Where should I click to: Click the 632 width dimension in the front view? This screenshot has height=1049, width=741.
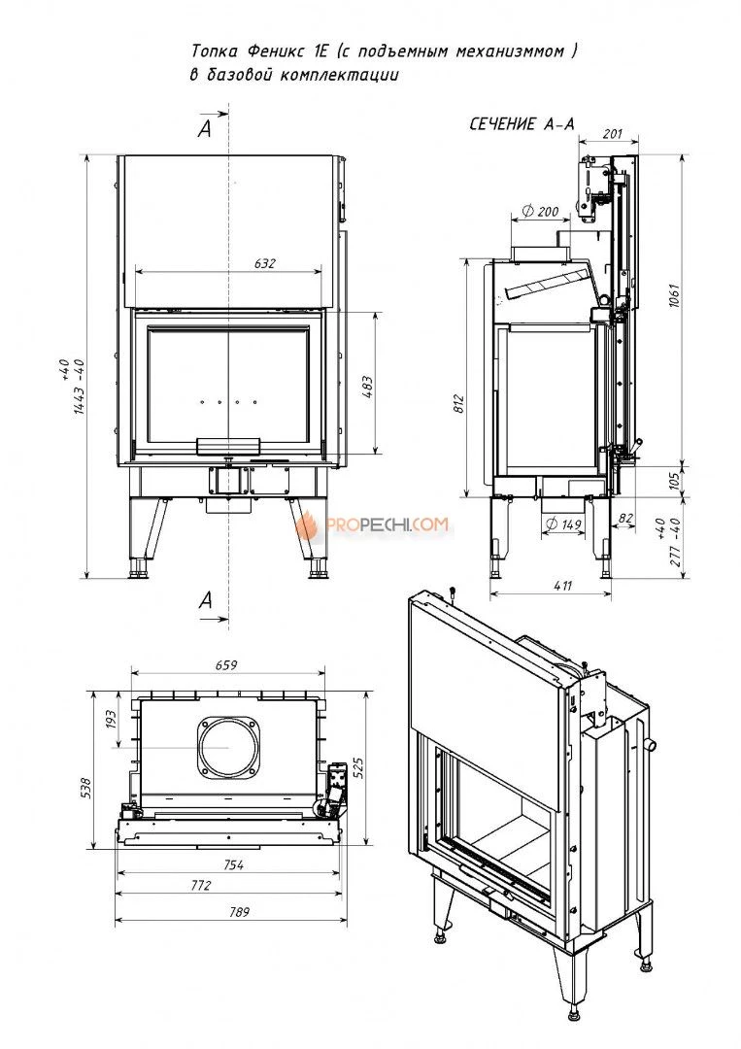pyautogui.click(x=265, y=263)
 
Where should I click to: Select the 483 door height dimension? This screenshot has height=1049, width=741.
pyautogui.click(x=367, y=388)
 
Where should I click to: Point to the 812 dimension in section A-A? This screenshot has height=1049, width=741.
pyautogui.click(x=458, y=403)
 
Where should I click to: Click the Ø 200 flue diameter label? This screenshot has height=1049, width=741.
pyautogui.click(x=539, y=212)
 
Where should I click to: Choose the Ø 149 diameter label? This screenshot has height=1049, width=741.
pyautogui.click(x=563, y=524)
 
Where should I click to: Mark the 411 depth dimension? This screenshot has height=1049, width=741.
pyautogui.click(x=563, y=586)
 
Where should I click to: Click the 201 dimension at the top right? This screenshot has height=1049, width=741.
pyautogui.click(x=612, y=134)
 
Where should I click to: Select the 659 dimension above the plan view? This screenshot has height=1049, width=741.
pyautogui.click(x=226, y=665)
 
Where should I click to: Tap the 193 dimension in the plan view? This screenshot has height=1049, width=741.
pyautogui.click(x=111, y=720)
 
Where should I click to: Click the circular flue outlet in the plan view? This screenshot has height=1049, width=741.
pyautogui.click(x=227, y=748)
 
